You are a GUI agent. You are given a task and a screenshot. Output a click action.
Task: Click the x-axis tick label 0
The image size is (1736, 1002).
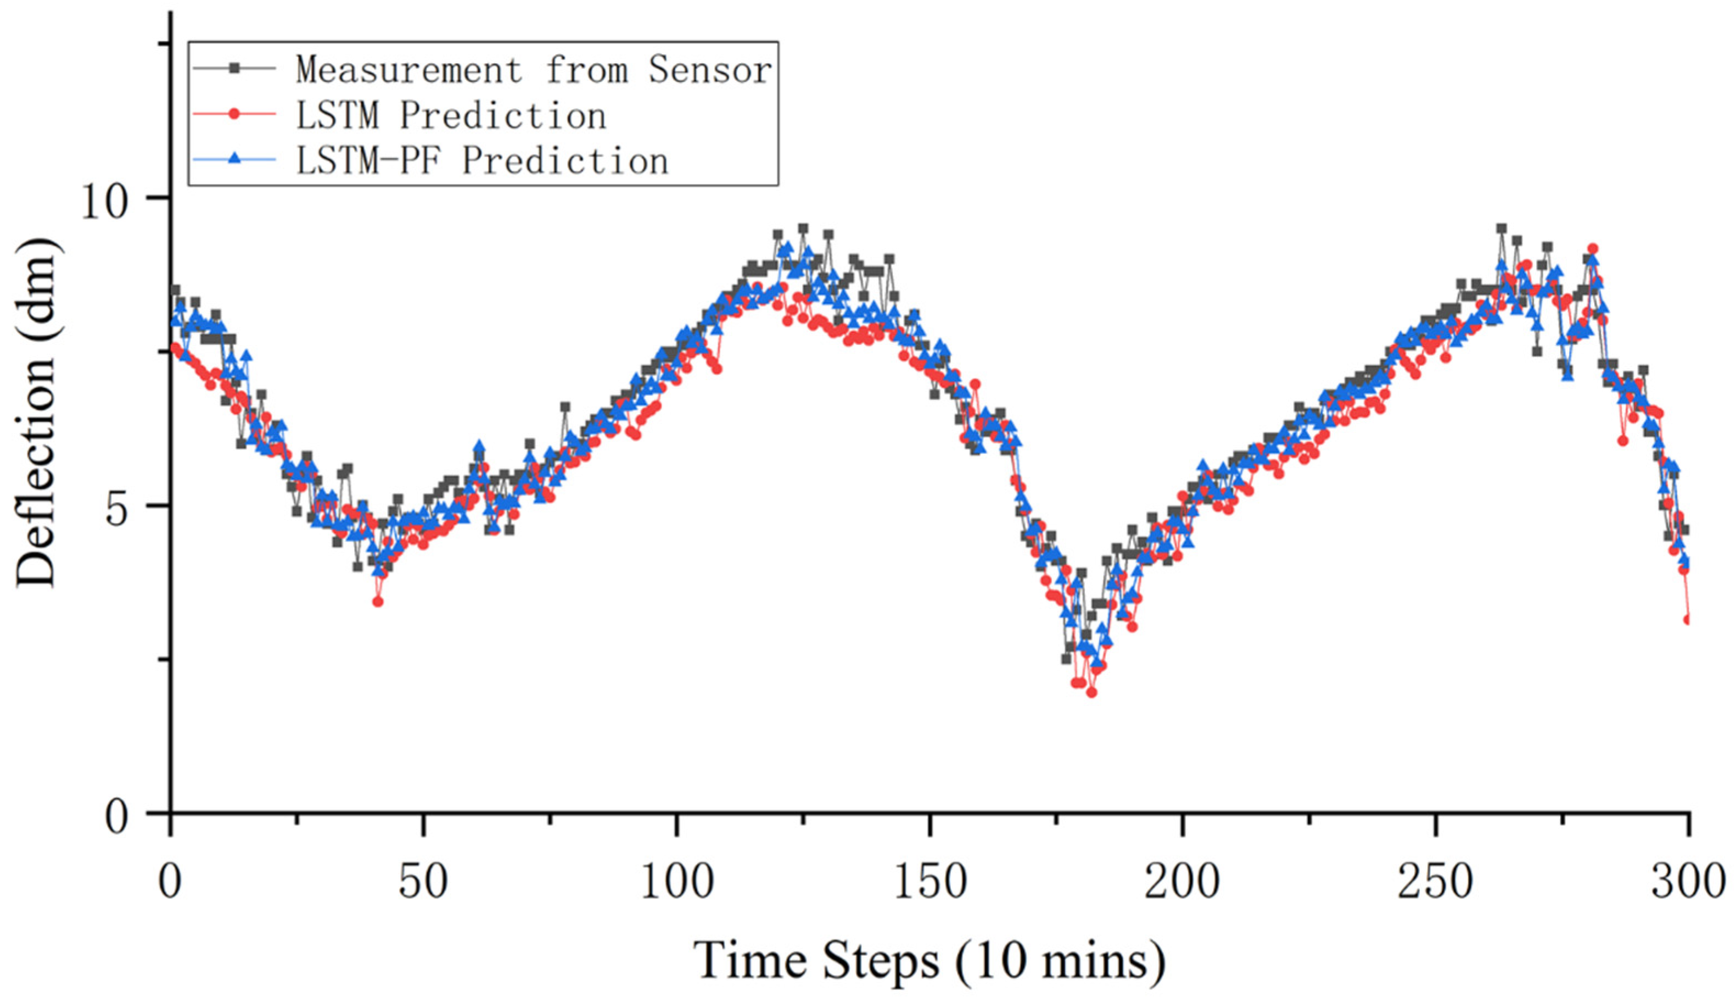point(170,882)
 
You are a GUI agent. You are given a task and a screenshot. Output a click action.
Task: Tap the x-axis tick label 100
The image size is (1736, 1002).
point(677,882)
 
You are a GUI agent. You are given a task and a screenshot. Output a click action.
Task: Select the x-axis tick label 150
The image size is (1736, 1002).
point(930,882)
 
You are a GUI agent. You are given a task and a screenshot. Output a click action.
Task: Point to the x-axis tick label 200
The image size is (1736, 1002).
point(1183,882)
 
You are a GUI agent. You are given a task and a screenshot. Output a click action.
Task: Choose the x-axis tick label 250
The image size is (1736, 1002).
point(1436,882)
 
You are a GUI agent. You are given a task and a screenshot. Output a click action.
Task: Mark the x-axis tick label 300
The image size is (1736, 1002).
point(1689,882)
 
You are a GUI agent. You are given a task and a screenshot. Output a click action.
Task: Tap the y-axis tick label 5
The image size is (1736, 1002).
point(124,507)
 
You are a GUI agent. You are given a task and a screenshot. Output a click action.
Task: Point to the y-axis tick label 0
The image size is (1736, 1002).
point(124,816)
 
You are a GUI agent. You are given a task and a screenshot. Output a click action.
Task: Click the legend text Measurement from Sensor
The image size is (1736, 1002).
point(534,70)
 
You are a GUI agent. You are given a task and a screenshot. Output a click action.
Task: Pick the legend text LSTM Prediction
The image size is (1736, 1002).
point(451,115)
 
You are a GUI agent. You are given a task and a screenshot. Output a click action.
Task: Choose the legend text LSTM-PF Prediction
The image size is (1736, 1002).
point(481,160)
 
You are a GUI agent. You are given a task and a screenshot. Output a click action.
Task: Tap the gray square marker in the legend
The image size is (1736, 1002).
point(234,68)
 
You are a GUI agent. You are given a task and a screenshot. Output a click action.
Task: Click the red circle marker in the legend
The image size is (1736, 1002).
point(234,114)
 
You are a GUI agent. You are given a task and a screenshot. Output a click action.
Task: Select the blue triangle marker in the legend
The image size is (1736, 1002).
point(234,159)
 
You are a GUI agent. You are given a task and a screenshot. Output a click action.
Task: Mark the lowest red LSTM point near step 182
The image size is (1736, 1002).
point(1091,692)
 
